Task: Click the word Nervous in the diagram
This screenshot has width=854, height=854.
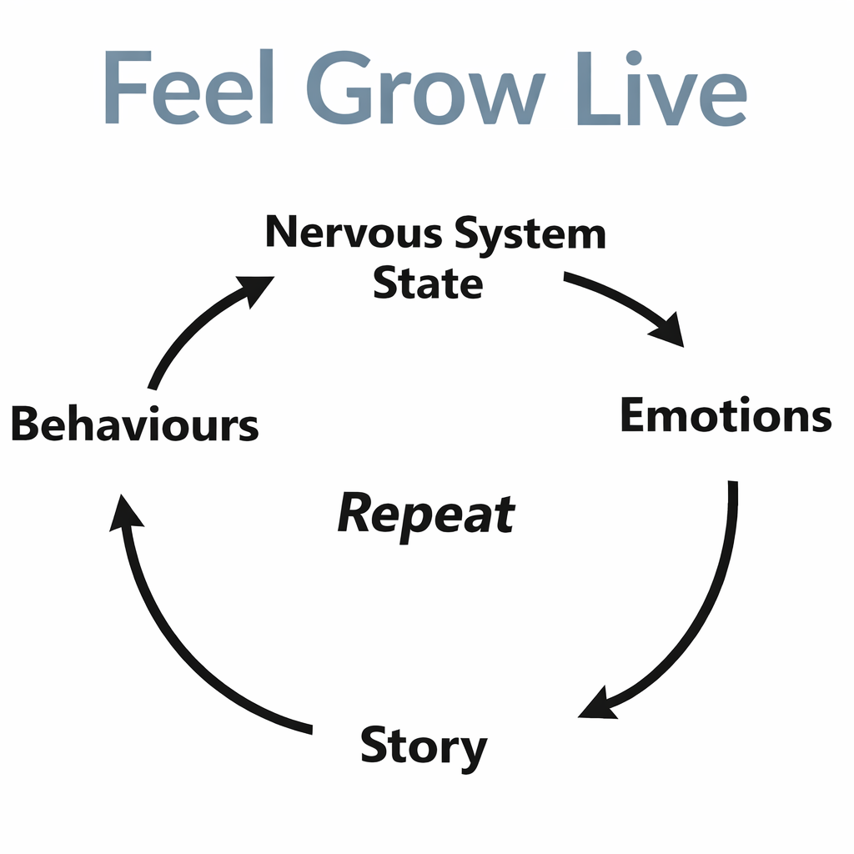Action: point(354,233)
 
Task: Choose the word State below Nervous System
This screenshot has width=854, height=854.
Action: point(427,284)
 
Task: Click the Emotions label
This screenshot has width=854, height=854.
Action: point(726,415)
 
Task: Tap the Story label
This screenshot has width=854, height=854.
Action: point(423,747)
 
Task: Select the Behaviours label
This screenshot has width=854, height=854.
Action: point(134,425)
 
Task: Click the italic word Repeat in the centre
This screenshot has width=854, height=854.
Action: point(426,515)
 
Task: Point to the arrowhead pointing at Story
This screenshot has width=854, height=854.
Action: point(597,704)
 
